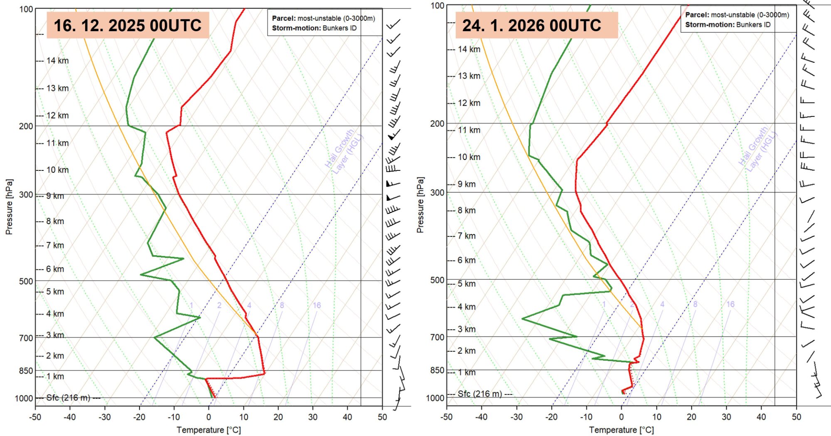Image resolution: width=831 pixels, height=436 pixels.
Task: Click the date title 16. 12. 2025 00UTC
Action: tap(128, 25)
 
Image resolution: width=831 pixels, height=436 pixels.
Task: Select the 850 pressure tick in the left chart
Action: tap(26, 371)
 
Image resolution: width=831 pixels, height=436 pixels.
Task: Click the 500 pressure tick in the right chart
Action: tap(437, 280)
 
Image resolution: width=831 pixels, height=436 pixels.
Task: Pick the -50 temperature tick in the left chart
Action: tap(35, 417)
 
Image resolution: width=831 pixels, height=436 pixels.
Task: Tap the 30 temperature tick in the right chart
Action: tap(726, 417)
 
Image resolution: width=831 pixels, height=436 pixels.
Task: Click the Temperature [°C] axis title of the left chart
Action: tap(209, 430)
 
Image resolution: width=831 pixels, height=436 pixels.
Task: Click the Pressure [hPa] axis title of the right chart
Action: tap(420, 205)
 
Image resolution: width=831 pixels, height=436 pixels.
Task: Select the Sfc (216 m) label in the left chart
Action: tap(68, 398)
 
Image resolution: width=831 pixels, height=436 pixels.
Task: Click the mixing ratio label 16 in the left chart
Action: tap(317, 305)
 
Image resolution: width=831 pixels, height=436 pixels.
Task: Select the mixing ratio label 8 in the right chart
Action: tap(695, 304)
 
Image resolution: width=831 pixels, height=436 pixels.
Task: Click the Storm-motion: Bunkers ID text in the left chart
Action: tap(314, 28)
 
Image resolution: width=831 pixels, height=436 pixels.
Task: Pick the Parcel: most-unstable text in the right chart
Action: tap(737, 15)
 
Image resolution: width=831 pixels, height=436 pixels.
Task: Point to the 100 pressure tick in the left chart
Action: tap(26, 9)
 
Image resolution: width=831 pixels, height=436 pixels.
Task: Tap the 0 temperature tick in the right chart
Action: tap(622, 417)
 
